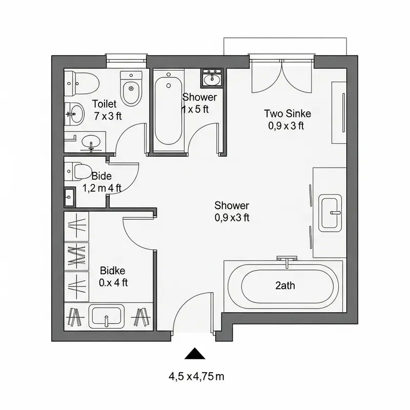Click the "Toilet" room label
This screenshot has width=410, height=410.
105,104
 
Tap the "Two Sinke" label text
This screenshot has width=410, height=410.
287,113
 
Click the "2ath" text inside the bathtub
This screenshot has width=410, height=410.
285,286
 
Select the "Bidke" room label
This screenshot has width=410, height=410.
113,271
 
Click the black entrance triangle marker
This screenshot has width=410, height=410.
194,354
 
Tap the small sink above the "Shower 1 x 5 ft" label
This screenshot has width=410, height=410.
211,78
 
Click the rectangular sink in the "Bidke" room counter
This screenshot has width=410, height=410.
106,315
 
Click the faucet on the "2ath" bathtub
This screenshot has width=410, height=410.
286,260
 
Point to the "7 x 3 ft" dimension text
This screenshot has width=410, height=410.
108,116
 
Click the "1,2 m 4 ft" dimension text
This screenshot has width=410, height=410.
101,188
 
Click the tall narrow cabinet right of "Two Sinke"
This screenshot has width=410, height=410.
339,112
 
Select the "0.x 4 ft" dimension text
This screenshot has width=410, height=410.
113,282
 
